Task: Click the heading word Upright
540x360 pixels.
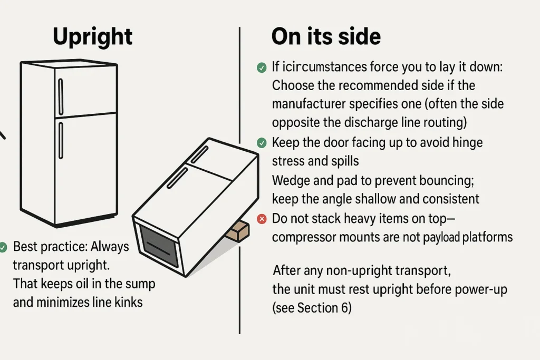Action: (93, 37)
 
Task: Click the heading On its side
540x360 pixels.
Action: (326, 37)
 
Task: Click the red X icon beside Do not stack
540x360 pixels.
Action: (261, 218)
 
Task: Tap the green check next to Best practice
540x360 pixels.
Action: (3, 246)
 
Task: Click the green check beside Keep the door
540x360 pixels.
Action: (261, 142)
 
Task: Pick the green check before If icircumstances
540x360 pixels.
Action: (261, 67)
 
